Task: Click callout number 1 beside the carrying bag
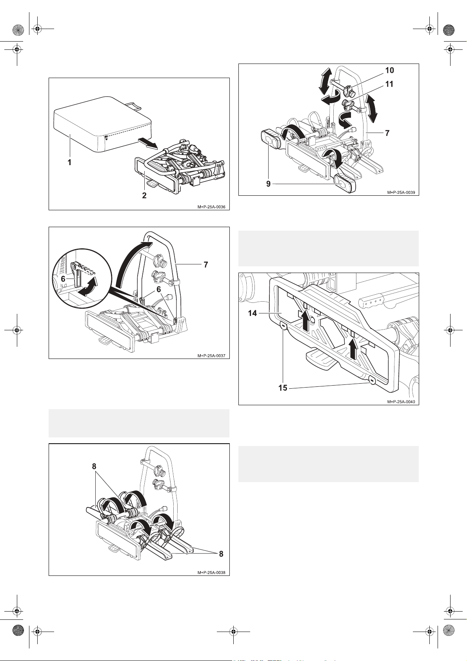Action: pyautogui.click(x=69, y=162)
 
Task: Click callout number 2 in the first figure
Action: pyautogui.click(x=144, y=195)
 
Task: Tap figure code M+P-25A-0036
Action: pyautogui.click(x=212, y=207)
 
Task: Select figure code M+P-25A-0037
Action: pyautogui.click(x=212, y=356)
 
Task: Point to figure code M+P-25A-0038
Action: pyautogui.click(x=212, y=572)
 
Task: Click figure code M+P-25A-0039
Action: pyautogui.click(x=401, y=192)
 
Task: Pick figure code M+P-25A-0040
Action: pyautogui.click(x=401, y=402)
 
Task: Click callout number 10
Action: pyautogui.click(x=389, y=71)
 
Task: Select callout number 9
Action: pyautogui.click(x=269, y=184)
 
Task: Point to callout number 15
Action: pyautogui.click(x=283, y=388)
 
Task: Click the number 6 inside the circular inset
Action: pyautogui.click(x=63, y=279)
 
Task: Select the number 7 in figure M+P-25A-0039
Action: pyautogui.click(x=387, y=133)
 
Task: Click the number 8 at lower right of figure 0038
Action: pyautogui.click(x=221, y=554)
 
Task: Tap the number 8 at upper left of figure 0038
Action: pyautogui.click(x=94, y=466)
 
